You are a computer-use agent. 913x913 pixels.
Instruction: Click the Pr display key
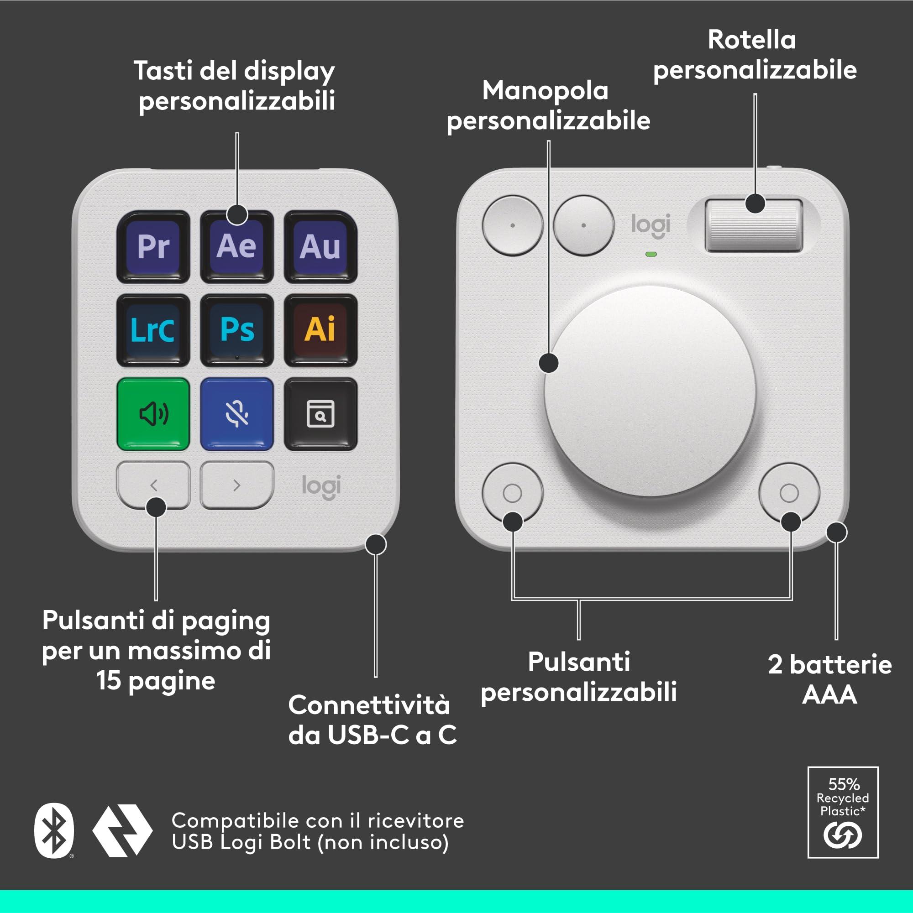[x=153, y=247]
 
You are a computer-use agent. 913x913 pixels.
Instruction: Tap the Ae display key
[x=237, y=247]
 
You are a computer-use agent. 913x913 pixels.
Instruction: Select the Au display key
[x=320, y=247]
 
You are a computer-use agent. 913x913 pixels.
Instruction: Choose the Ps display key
[x=237, y=330]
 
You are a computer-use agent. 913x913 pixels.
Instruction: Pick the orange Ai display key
[x=320, y=330]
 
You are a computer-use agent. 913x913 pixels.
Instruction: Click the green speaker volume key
[x=153, y=414]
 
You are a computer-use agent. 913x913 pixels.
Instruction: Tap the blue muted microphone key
[x=237, y=414]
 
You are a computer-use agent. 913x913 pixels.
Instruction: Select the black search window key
[x=320, y=414]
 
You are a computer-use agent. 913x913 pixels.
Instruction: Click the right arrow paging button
[x=237, y=485]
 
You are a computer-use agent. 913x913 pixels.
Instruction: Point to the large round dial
[x=650, y=391]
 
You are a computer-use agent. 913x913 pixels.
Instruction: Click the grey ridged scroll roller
[x=754, y=225]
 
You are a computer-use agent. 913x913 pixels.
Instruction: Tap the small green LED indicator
[x=651, y=254]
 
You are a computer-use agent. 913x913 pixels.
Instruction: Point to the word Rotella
[x=752, y=40]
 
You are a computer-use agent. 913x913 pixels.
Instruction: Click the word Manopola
[x=545, y=91]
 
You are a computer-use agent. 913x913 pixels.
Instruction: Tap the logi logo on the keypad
[x=321, y=487]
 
